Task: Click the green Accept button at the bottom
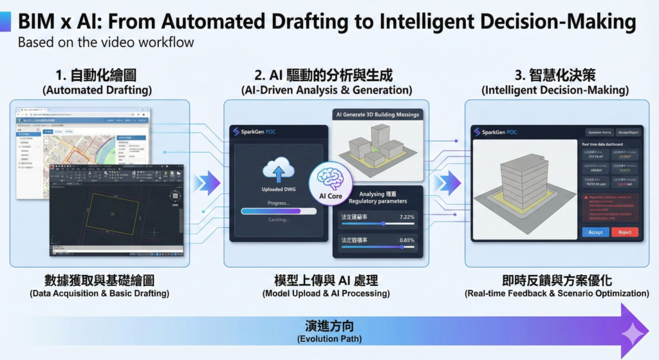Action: coord(595,232)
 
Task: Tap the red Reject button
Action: coord(625,232)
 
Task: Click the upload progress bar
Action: coord(279,211)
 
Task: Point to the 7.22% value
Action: coord(407,217)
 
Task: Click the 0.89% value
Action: coord(407,240)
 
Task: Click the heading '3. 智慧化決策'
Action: coord(556,75)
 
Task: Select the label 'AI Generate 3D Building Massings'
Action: coord(377,115)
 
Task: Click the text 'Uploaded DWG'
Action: coord(279,189)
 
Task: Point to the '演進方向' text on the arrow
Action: coord(329,325)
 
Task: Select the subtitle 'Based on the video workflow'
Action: coord(106,43)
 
